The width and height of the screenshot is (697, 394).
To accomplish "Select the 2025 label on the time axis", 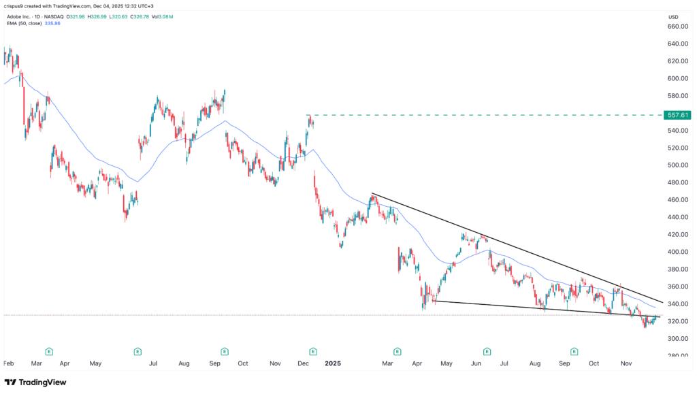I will [x=332, y=363].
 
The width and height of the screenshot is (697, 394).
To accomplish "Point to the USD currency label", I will [x=674, y=16].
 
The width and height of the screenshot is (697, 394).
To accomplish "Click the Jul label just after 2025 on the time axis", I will [x=504, y=363].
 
